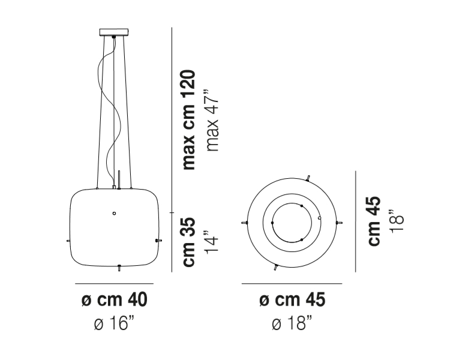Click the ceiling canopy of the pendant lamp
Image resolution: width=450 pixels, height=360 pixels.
coord(113,32)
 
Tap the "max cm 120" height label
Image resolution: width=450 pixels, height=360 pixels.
coord(189,119)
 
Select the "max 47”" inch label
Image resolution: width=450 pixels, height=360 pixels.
coord(212,121)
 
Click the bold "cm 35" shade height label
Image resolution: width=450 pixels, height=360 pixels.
coord(189,242)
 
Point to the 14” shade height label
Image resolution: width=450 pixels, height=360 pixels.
coord(212,242)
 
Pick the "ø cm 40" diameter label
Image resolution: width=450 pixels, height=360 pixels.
coord(114,299)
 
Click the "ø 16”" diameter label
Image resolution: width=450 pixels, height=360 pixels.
coord(114,323)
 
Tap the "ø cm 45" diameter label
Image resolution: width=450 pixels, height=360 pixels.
coord(292,299)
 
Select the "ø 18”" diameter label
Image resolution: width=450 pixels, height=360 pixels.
coord(292,323)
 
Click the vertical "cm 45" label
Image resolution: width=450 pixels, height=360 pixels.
coord(374,221)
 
